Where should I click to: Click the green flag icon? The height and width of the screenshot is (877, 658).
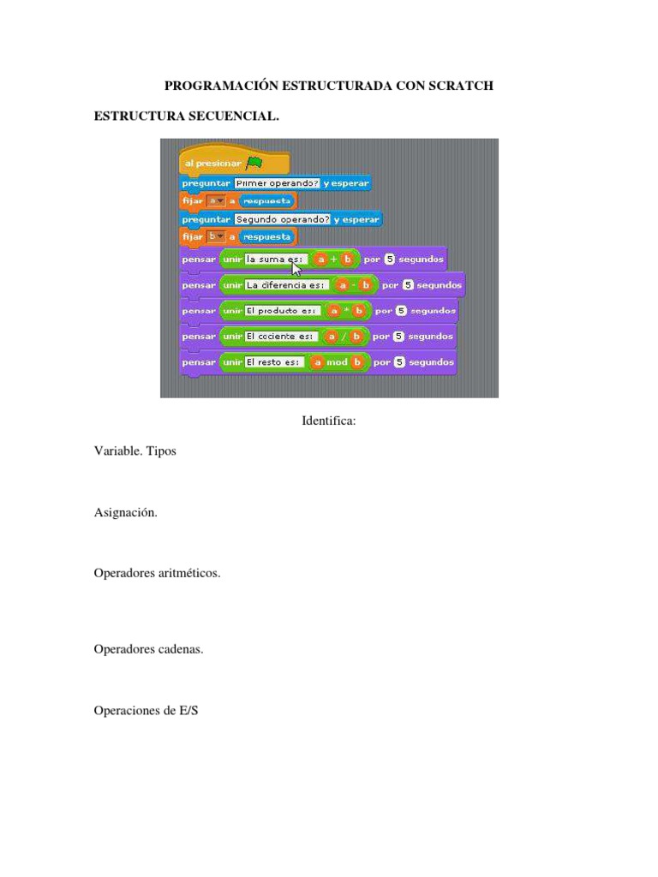pos(254,163)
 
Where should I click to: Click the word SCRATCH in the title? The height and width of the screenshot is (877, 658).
pos(459,87)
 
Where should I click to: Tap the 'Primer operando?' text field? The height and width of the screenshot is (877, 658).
pos(270,183)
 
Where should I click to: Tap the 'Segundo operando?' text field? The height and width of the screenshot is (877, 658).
pos(283,218)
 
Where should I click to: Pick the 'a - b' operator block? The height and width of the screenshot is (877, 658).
pos(352,285)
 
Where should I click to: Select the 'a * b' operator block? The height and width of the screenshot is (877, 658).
pos(345,311)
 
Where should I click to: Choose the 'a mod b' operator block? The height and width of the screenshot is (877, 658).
pos(338,362)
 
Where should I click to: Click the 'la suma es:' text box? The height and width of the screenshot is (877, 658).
pos(276,259)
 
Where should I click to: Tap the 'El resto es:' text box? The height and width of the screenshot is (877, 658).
pos(272,362)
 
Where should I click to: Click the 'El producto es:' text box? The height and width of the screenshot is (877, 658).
pos(282,311)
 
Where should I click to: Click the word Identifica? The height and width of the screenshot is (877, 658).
pos(328,421)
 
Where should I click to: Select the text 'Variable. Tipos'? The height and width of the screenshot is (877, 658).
pos(135,450)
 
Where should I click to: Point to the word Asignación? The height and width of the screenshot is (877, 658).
pos(126,512)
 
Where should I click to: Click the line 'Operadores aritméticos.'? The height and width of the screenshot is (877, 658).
pos(157,573)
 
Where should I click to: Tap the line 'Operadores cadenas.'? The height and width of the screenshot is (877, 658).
pos(148,649)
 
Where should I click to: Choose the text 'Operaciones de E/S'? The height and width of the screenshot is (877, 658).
pos(146,710)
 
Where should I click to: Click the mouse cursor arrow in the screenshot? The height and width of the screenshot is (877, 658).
pos(297,266)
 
